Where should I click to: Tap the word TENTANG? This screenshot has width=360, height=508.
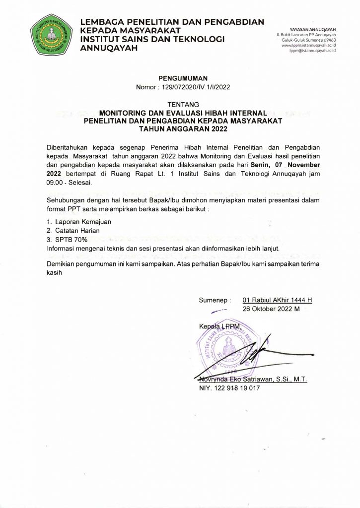[x=180, y=105]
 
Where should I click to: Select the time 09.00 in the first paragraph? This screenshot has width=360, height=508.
[x=56, y=182]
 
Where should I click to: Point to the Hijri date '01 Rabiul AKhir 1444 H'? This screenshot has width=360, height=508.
[x=277, y=300]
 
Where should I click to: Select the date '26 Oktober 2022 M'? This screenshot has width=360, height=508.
[x=271, y=309]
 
